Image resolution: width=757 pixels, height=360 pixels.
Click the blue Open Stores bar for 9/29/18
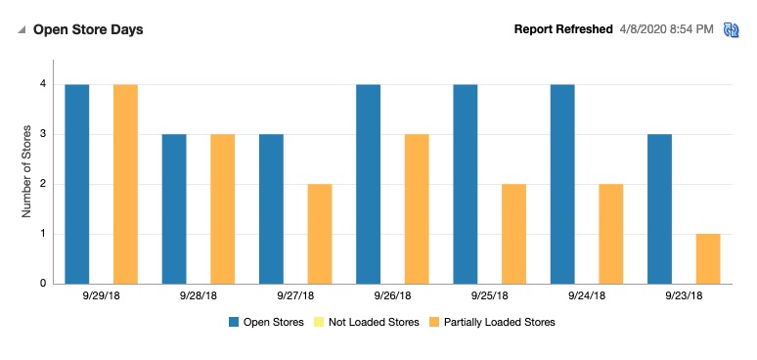tap(77, 184)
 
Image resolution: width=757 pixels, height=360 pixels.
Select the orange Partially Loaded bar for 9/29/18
tap(125, 184)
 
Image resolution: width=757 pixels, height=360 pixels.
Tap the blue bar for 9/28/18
tap(174, 208)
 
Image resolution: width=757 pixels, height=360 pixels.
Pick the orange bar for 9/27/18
tap(320, 234)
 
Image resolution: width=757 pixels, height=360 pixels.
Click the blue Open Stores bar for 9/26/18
tap(369, 184)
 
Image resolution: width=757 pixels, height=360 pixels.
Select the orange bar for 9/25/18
tap(513, 234)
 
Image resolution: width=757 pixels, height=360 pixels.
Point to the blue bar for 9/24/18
tap(562, 184)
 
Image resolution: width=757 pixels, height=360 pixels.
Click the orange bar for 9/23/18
tap(708, 258)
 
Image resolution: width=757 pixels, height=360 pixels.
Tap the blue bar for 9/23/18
tap(660, 208)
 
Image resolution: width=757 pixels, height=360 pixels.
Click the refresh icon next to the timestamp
tap(731, 30)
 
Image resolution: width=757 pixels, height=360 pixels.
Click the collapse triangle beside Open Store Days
tap(22, 30)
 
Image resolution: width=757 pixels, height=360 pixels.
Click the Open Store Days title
tap(88, 30)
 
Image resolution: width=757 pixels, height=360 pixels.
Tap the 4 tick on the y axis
tap(43, 84)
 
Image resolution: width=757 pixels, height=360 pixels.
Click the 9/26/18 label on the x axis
tap(393, 295)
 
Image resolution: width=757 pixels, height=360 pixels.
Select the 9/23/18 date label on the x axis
tap(684, 295)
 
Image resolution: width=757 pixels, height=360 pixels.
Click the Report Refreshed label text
tap(563, 29)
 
